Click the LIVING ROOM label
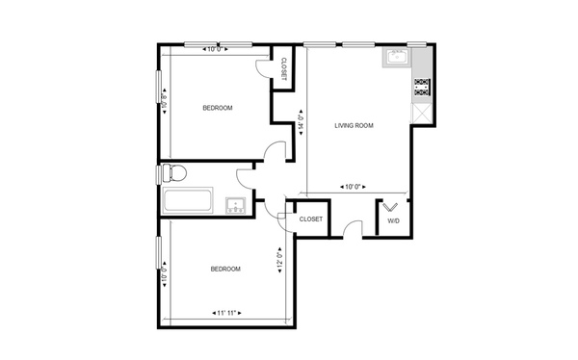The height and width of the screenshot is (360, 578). coord(354,126)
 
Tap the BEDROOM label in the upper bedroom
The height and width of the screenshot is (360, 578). coord(218,108)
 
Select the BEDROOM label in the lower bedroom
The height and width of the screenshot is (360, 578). coord(225,269)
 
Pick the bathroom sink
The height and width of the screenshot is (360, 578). coord(235,204)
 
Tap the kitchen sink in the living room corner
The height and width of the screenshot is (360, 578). coord(396,59)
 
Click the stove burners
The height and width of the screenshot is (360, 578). coord(422,90)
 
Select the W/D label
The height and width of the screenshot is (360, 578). coord(393,220)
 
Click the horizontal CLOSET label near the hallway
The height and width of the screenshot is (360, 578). coord(310,219)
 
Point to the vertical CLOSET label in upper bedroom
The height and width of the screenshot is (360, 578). coord(284,69)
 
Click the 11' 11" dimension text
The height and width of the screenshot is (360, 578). coord(225,313)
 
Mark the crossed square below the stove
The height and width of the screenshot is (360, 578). coord(422,113)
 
